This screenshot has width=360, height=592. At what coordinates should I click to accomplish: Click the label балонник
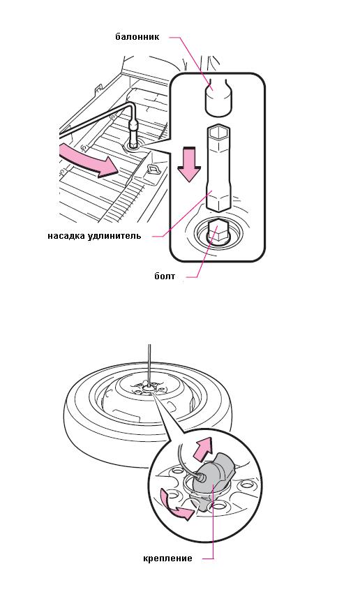pos(137,37)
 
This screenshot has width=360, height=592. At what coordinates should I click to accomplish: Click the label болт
pos(165,276)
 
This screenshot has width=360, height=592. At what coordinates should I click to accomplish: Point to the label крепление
pos(167,558)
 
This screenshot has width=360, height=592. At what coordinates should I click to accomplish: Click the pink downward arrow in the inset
pos(189,164)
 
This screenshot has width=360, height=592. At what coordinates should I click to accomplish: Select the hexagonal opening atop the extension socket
pos(218,132)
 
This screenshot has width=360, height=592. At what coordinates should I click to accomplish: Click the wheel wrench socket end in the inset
pos(218,99)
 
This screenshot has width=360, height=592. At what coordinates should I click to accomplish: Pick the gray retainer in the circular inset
pos(214,475)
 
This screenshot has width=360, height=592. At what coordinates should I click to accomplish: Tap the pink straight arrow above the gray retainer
pos(203,448)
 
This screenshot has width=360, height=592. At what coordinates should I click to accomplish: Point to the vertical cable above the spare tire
pos(149,364)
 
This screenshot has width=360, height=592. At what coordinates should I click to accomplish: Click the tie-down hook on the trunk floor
pos(153,168)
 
